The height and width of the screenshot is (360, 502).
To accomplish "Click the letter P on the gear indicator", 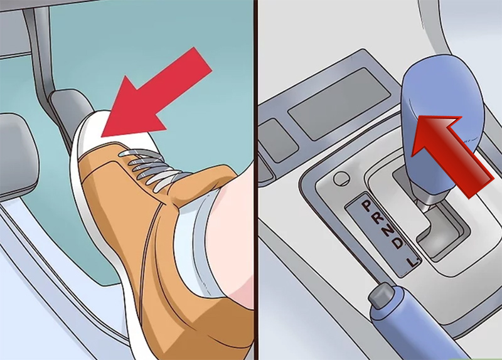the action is pos(366,205).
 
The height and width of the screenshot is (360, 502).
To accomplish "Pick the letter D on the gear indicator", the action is pos(397,244).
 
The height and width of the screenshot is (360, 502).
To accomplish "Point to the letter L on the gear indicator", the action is pos(412,262).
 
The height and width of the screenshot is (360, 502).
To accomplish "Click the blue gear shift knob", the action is pos(441,128).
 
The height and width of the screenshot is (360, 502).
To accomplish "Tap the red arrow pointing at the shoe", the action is pos(157,96).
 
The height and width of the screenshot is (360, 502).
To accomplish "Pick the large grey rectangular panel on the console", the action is pos(339,103).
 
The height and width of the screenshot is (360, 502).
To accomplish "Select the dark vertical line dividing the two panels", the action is pos(256,180).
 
